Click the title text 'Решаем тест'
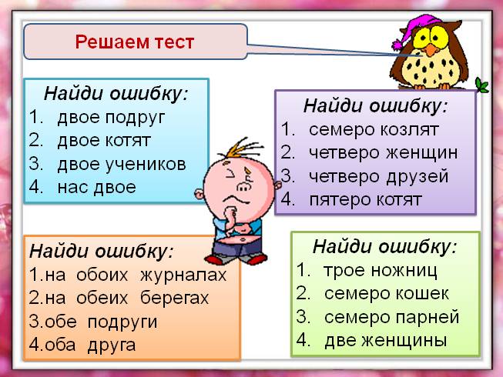point(135,41)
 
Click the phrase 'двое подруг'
point(111,118)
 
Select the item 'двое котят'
point(103,141)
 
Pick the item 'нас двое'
point(96,186)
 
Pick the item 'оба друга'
point(89,344)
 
